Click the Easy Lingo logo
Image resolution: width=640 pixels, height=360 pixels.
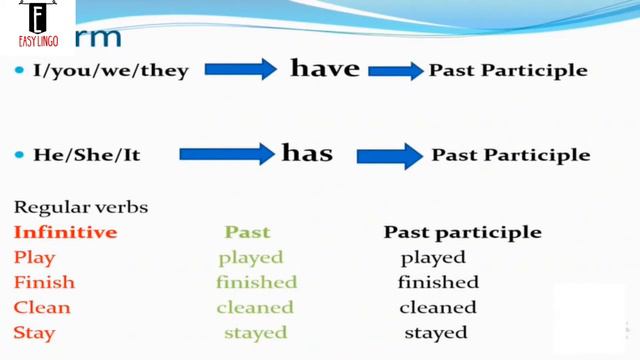click(37, 27)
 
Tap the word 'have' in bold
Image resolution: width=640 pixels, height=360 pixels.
click(324, 68)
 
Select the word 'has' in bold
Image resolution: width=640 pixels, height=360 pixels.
click(307, 154)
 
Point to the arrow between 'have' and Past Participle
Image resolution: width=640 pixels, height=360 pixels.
click(396, 70)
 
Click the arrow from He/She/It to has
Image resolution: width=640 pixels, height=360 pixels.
click(227, 154)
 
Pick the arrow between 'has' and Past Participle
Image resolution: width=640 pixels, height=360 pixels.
click(389, 155)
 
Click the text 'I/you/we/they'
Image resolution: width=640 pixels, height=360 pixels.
click(110, 71)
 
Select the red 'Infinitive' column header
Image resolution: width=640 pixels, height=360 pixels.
click(65, 232)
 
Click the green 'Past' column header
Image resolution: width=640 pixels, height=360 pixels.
click(247, 232)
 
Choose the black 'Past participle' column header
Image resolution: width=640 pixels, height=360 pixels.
click(463, 232)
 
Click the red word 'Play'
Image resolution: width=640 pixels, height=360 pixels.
click(35, 258)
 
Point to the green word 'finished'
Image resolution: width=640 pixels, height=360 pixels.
click(256, 283)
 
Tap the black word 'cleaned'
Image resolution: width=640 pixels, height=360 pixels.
click(438, 308)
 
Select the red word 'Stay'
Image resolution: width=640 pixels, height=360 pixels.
click(35, 333)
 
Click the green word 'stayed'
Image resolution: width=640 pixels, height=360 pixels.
click(256, 333)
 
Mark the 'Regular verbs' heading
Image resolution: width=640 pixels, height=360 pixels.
click(81, 208)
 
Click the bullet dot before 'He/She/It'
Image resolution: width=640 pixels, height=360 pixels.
click(20, 155)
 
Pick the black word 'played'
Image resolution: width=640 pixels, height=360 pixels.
click(434, 258)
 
